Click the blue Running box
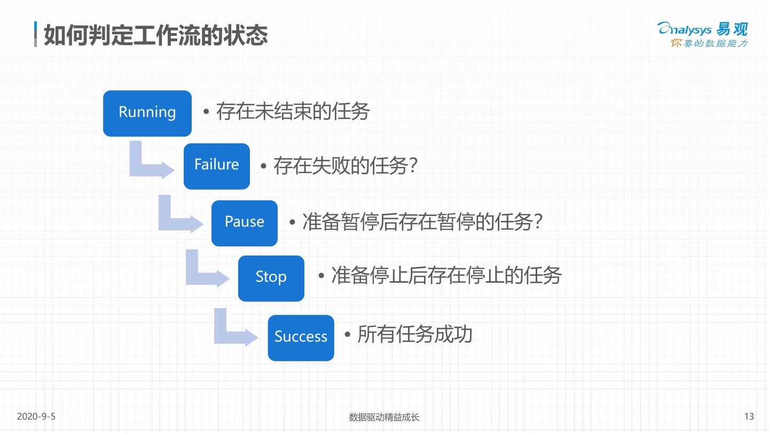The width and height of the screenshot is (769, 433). coord(147,113)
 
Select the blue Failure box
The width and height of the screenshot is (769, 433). coord(216,166)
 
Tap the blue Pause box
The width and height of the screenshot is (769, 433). coord(244,223)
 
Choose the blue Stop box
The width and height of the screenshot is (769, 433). coord(271,278)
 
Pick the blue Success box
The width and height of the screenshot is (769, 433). coord(301,337)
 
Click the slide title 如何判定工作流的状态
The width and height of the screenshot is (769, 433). coord(155,35)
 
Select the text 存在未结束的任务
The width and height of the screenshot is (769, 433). coord(292,112)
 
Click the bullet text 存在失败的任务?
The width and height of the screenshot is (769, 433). coord(345,166)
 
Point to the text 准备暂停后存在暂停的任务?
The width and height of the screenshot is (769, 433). coord(422,222)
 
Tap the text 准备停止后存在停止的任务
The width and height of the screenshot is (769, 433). coord(446,276)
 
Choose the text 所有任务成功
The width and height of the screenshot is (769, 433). coord(414,335)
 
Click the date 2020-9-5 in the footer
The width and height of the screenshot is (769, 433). coord(36,416)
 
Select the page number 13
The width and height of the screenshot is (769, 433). coord(749,416)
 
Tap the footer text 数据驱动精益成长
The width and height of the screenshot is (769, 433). coord(384,417)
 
